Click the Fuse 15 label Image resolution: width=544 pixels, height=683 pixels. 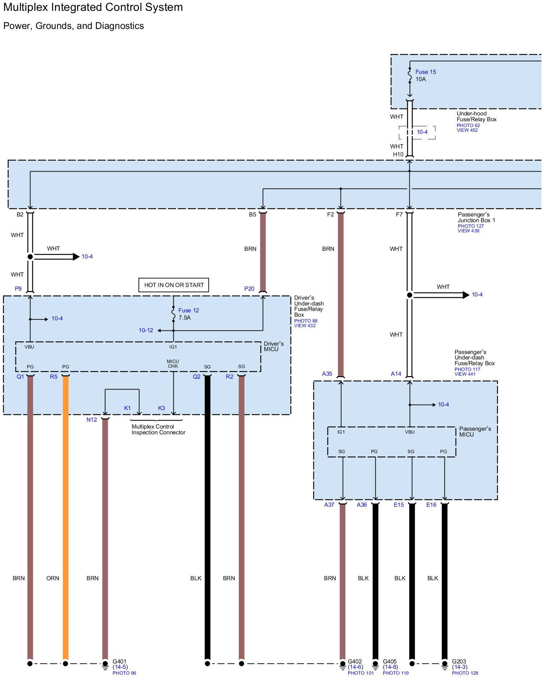[x=426, y=72]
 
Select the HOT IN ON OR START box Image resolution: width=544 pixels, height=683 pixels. [x=174, y=285]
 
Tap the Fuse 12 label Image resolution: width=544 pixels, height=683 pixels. [x=189, y=311]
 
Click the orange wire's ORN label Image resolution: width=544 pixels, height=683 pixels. [x=52, y=578]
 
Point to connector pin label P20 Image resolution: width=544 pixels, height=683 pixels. [x=249, y=289]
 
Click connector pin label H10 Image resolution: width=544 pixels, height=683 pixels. [x=398, y=155]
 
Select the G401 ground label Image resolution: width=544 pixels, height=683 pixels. [x=119, y=661]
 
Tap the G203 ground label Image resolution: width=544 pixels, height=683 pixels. [x=459, y=661]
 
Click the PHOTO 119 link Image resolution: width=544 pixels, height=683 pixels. [x=396, y=673]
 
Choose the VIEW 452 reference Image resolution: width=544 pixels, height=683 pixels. [x=467, y=130]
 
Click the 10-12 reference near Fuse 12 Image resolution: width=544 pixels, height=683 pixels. [x=146, y=330]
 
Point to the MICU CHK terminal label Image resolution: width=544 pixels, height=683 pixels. [x=173, y=364]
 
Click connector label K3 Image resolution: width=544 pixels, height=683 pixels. [x=161, y=408]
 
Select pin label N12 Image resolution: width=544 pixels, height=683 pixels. [x=92, y=420]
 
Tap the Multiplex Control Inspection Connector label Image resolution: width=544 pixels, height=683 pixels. [x=158, y=430]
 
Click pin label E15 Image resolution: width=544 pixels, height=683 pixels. [x=398, y=505]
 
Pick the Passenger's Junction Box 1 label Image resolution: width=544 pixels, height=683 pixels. [x=476, y=218]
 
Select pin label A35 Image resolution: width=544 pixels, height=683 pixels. [x=327, y=374]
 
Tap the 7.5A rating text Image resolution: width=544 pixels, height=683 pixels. [x=185, y=318]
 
